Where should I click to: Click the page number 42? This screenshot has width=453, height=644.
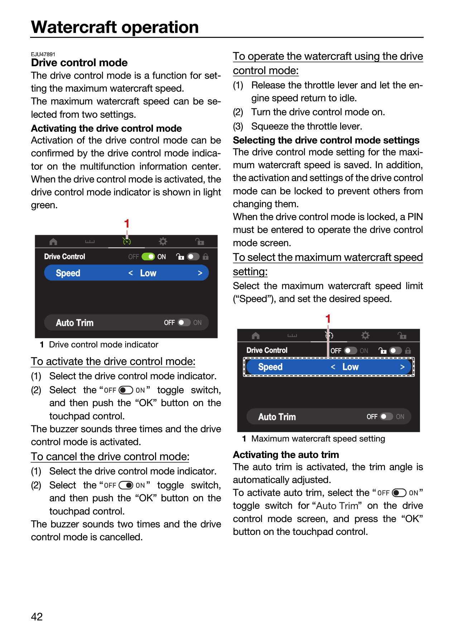point(37,616)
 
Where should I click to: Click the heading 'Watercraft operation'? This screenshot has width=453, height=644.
point(115,27)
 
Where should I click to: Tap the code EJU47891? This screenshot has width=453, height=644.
point(43,54)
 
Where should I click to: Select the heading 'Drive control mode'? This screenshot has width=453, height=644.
point(79,63)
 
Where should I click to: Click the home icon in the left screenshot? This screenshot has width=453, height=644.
point(53,241)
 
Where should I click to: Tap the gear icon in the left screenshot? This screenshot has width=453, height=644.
point(163,241)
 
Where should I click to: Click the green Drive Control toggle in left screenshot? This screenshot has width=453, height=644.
point(148,257)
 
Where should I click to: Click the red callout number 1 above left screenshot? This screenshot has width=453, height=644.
point(126,224)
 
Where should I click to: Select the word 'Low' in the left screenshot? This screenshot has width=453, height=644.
point(148,273)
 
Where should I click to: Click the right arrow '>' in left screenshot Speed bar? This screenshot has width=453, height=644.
point(200,273)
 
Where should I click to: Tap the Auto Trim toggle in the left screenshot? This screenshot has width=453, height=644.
point(184,323)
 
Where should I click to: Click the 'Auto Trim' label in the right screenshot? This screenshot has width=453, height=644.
point(277,417)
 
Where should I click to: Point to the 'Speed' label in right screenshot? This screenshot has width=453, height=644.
point(270,367)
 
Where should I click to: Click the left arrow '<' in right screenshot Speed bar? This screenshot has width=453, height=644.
point(333,367)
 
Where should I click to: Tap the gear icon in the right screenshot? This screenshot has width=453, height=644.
point(365,335)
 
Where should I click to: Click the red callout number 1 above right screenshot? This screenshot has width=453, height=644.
point(328,319)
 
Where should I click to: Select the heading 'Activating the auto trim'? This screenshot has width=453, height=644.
point(286,455)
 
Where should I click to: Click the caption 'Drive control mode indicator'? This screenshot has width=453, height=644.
point(103,345)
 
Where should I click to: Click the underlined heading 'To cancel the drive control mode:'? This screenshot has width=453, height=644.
point(110,457)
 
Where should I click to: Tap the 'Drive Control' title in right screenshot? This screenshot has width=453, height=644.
point(267,350)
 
